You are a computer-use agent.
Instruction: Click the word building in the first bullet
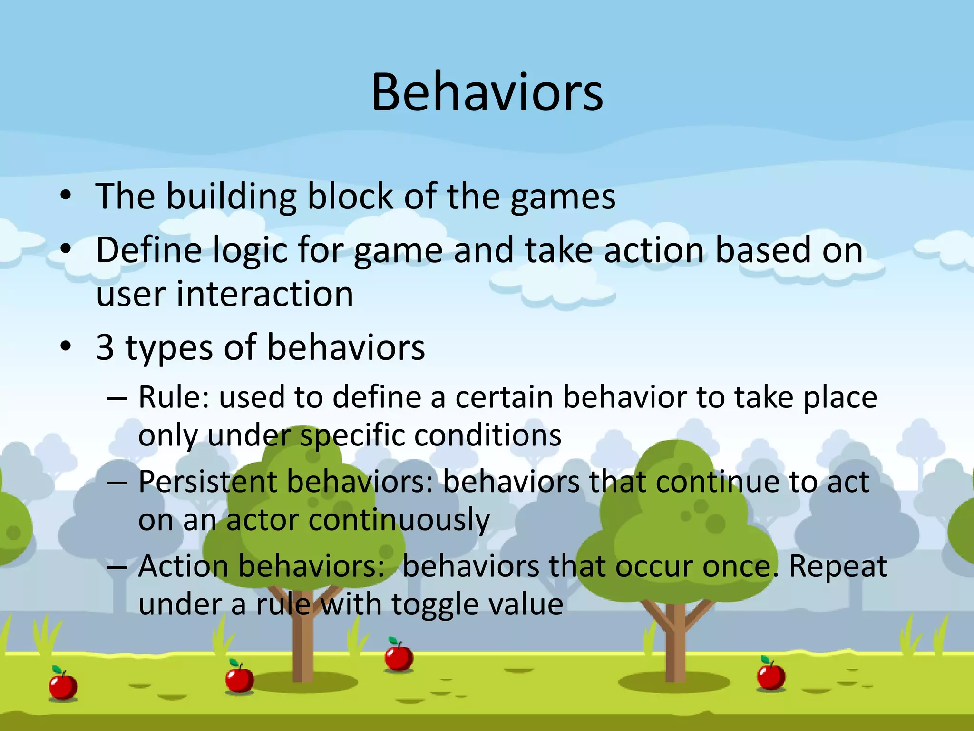point(231,197)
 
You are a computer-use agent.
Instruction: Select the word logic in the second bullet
point(250,251)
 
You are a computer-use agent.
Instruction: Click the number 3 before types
point(105,347)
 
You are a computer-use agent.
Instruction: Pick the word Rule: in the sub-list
point(174,397)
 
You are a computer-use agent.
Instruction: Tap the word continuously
point(399,520)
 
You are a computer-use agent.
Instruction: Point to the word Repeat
point(838,566)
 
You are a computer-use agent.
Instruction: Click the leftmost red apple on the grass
point(63,685)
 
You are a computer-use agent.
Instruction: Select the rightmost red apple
point(770,675)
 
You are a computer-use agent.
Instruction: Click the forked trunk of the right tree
point(675,633)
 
